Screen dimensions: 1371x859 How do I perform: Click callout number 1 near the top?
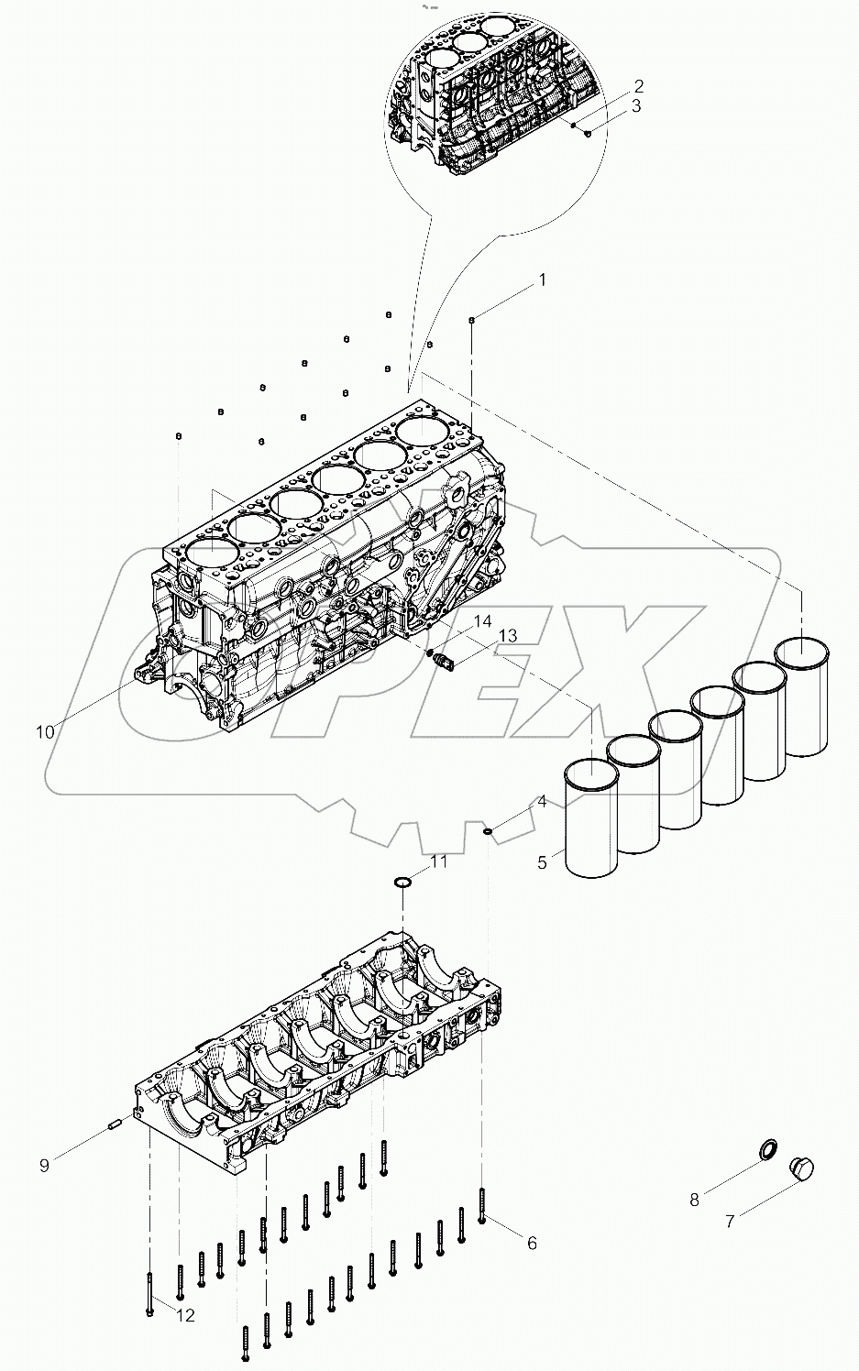point(541,280)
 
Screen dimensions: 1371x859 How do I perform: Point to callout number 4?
point(542,802)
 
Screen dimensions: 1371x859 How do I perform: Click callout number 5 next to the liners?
point(542,862)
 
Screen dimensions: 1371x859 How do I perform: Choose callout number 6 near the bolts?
point(532,1243)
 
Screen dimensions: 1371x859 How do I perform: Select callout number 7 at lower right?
point(730,1222)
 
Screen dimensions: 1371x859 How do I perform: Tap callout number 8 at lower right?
point(694,1200)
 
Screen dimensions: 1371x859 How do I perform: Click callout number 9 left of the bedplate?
point(44,1165)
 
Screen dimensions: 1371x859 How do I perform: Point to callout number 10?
point(45,731)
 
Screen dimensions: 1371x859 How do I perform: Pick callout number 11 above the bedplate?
point(439,861)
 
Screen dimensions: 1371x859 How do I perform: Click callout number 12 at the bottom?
point(185,1316)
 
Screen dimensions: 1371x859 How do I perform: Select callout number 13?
point(507,636)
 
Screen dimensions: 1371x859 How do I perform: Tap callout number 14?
point(482,621)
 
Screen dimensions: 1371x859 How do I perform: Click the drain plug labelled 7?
point(801,1170)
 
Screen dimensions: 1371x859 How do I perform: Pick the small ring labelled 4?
point(489,832)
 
